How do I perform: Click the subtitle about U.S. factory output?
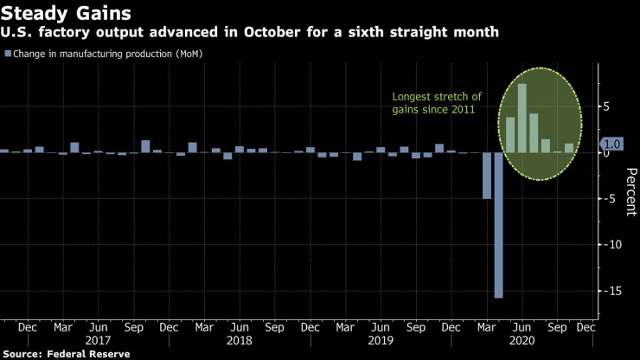(256, 33)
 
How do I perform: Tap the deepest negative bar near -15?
(498, 224)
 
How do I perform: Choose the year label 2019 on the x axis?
(380, 341)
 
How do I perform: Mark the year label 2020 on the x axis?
(520, 341)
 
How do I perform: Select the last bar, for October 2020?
(568, 148)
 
